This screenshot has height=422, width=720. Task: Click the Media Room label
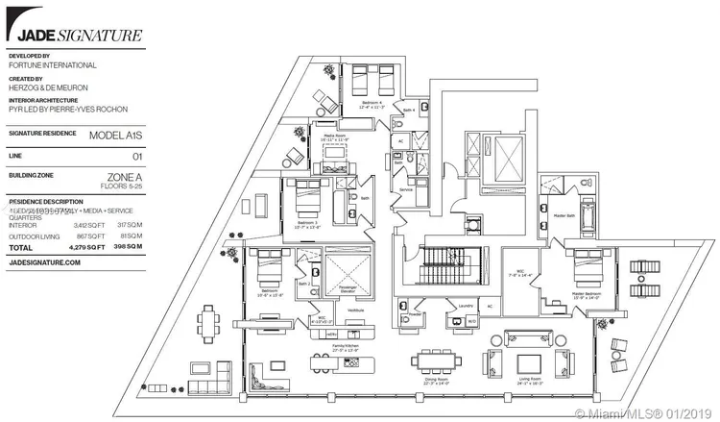click(x=335, y=137)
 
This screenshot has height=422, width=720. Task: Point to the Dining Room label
click(x=438, y=380)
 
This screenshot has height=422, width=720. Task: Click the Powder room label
click(x=417, y=311)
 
